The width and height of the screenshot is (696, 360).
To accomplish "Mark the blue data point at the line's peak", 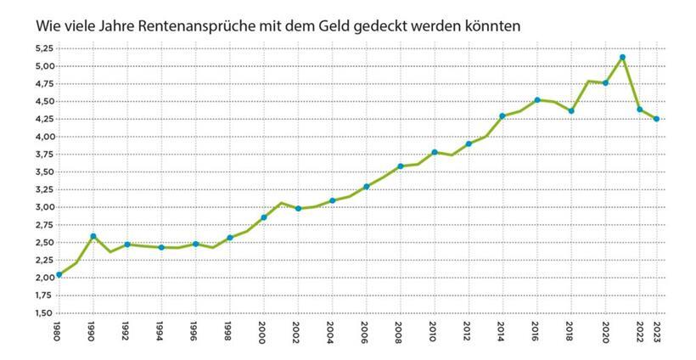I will coord(622,57).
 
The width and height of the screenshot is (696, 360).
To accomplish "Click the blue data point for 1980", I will coord(59,275).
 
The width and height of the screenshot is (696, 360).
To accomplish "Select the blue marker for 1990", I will coord(93,236).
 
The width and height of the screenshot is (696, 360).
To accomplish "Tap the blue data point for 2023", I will coord(656,119).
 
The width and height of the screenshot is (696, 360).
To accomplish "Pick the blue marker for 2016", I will coord(536,100).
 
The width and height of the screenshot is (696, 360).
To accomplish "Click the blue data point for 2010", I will coord(434,153).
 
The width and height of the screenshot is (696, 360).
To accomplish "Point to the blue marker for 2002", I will coord(298,209).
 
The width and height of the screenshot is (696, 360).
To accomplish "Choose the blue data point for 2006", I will coord(366,187).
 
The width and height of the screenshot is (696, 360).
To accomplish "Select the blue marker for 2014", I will coord(502,115).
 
